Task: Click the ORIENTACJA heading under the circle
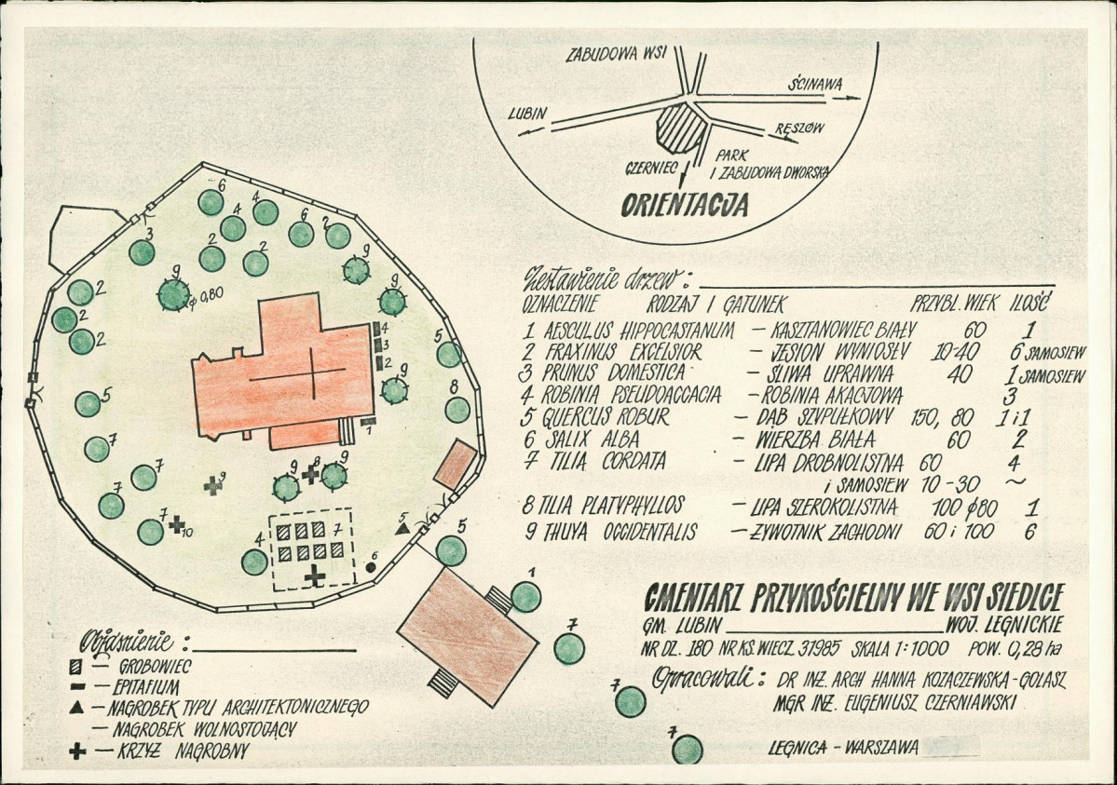pyautogui.click(x=686, y=205)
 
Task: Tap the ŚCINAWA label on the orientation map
pyautogui.click(x=814, y=85)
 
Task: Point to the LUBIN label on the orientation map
pyautogui.click(x=528, y=114)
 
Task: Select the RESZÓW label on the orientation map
pyautogui.click(x=799, y=129)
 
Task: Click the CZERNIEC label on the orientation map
pyautogui.click(x=650, y=169)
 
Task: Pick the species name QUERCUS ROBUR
pyautogui.click(x=606, y=417)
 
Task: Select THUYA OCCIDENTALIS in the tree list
pyautogui.click(x=610, y=532)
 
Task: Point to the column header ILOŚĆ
pyautogui.click(x=1028, y=304)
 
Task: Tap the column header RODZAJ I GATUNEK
pyautogui.click(x=715, y=305)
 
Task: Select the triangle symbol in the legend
pyautogui.click(x=77, y=709)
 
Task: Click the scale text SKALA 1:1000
pyautogui.click(x=901, y=649)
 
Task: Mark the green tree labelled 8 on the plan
pyautogui.click(x=457, y=410)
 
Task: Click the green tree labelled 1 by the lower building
pyautogui.click(x=526, y=596)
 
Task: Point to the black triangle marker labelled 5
pyautogui.click(x=402, y=529)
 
